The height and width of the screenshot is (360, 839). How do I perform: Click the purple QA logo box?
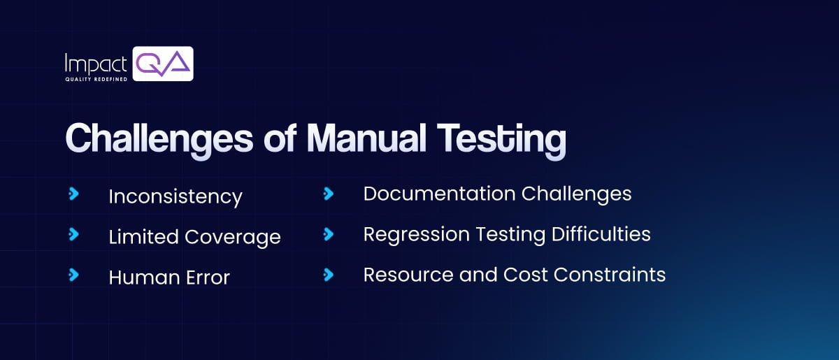pos(163,64)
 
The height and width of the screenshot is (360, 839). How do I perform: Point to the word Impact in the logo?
pos(95,63)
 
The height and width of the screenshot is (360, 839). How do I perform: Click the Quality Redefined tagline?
pos(95,79)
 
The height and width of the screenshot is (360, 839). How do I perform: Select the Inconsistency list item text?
pos(175,196)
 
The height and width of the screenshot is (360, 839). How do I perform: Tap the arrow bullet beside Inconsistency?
pos(73,194)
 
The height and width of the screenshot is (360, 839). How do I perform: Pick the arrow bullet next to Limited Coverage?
pos(73,234)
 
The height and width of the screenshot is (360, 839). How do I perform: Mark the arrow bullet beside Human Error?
pos(73,275)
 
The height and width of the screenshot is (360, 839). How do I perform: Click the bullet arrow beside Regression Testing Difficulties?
pos(328,234)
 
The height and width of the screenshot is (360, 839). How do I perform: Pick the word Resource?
pos(398,275)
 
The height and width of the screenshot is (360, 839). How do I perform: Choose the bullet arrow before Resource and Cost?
pos(328,275)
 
